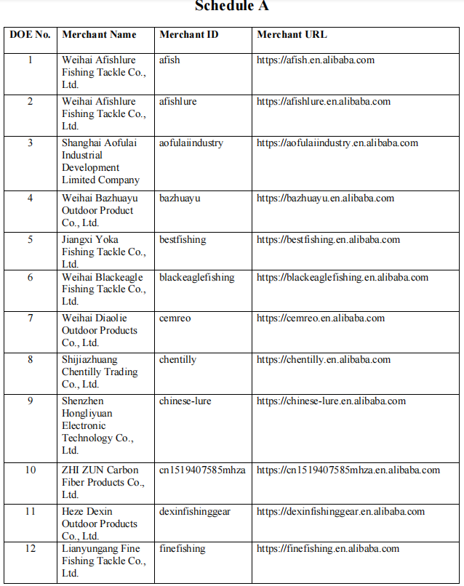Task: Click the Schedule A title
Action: (232, 7)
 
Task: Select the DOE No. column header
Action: (30, 34)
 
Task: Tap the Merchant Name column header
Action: (99, 34)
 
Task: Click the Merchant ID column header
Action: (188, 34)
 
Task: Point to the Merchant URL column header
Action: (292, 34)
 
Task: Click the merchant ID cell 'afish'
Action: (169, 60)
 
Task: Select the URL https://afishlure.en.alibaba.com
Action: (324, 101)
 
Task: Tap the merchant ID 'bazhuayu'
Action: (180, 198)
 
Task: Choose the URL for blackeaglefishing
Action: (343, 277)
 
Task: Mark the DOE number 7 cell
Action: (30, 318)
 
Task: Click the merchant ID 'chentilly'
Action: (177, 359)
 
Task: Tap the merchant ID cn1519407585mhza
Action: (202, 470)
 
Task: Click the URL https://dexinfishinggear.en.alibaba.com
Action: (340, 511)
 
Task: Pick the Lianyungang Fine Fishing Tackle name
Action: (103, 561)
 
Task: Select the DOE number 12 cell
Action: (30, 548)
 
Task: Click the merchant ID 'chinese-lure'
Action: (185, 401)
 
